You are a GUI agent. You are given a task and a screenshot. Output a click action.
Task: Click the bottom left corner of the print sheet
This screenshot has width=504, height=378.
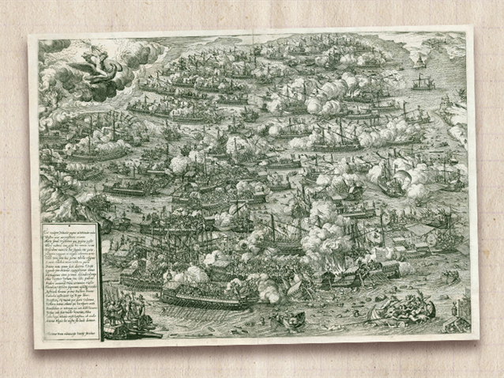point(36,346)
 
